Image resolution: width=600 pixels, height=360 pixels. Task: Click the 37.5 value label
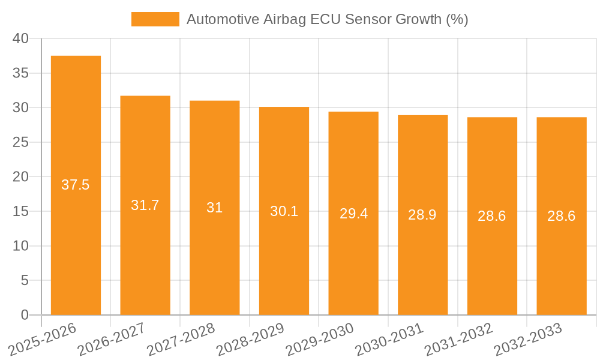click(x=76, y=185)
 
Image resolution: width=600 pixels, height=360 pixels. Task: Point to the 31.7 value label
click(x=145, y=205)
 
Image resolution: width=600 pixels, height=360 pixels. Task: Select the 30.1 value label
click(x=284, y=211)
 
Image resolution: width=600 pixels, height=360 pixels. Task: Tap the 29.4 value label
click(x=353, y=214)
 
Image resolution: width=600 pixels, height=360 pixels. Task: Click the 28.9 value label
click(x=422, y=215)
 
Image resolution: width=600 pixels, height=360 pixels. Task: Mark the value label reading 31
click(x=214, y=208)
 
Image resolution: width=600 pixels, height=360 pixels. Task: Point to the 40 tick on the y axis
click(x=20, y=38)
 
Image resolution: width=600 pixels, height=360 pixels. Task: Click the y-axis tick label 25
click(x=20, y=142)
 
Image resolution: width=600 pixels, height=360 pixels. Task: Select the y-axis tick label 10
click(x=20, y=246)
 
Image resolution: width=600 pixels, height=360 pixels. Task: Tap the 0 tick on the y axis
click(x=25, y=315)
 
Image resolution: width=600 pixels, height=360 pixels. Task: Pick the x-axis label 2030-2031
click(x=389, y=339)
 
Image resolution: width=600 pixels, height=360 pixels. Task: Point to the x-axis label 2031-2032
click(x=458, y=339)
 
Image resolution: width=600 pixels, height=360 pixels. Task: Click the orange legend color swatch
click(x=155, y=19)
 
